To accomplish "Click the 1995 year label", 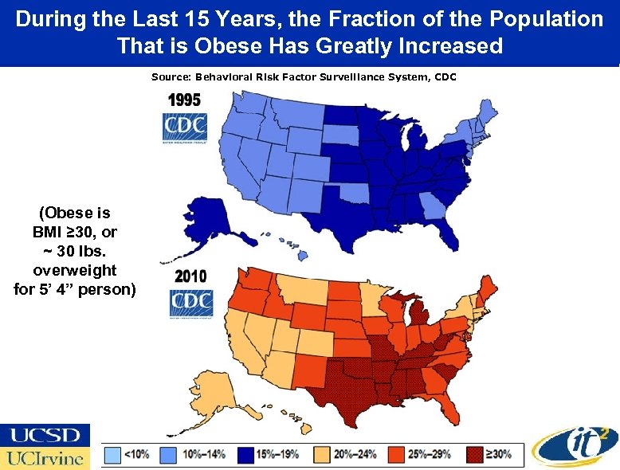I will click(x=183, y=100).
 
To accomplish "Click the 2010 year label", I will click(x=190, y=276).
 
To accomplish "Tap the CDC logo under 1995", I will click(x=185, y=128).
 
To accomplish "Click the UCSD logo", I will click(x=45, y=435).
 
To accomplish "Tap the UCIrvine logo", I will click(x=45, y=458).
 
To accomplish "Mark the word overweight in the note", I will click(x=75, y=269).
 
